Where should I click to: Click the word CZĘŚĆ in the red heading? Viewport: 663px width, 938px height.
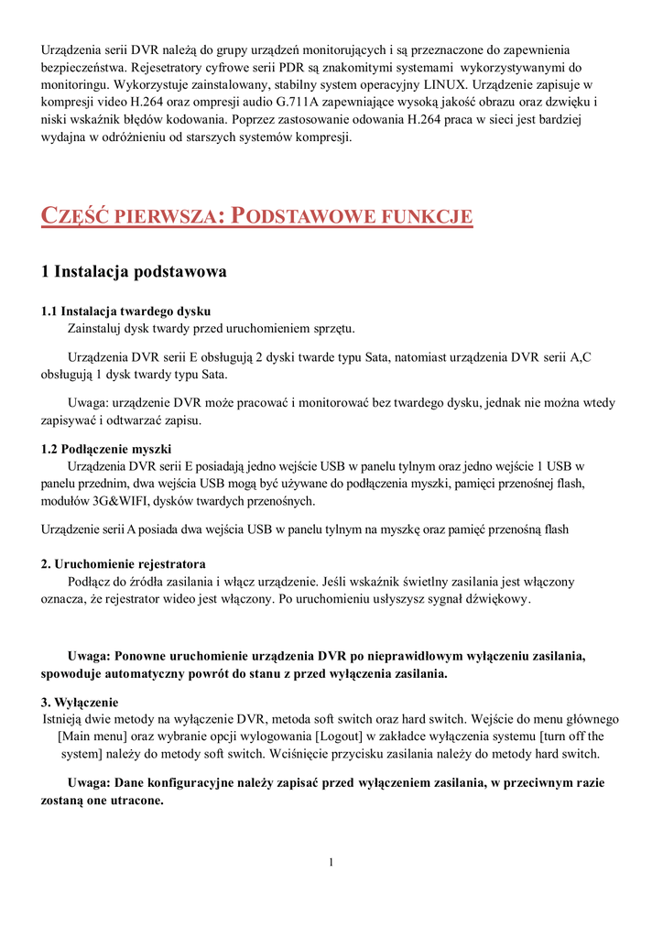tap(74, 217)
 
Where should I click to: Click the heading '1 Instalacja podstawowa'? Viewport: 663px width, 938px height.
tap(134, 272)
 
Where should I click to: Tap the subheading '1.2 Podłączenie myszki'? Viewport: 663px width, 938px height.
tap(106, 449)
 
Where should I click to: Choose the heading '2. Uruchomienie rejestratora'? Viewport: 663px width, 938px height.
tap(124, 562)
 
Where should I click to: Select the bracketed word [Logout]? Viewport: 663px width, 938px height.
tap(339, 736)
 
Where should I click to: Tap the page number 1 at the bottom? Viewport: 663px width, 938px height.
tap(331, 863)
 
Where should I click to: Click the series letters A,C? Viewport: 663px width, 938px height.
tap(580, 357)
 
